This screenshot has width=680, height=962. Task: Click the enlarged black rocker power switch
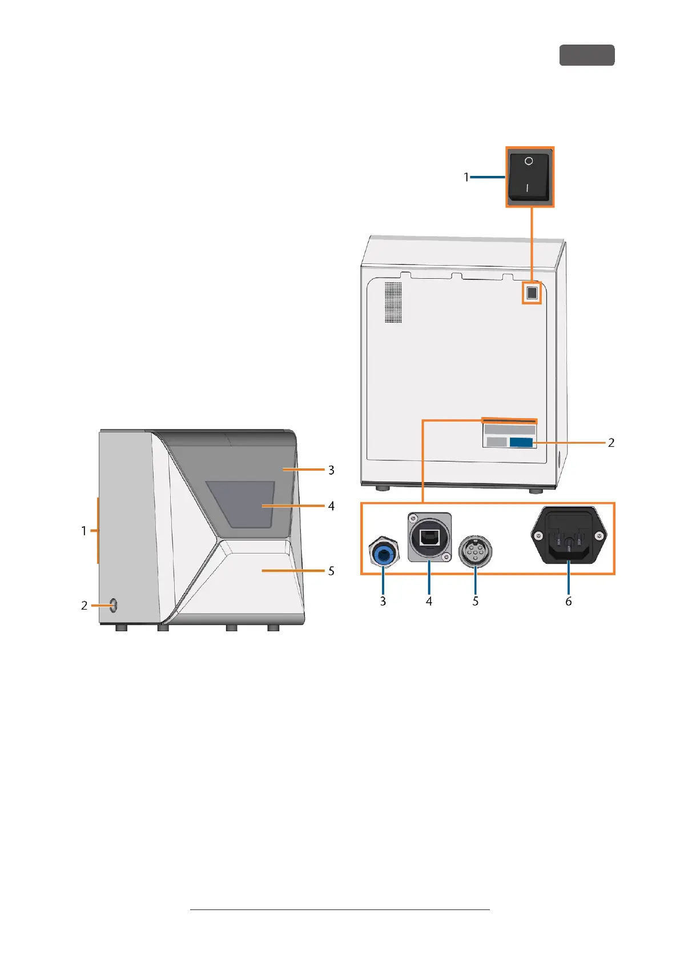530,175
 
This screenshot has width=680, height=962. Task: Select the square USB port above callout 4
429,538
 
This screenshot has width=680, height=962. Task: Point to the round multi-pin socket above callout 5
475,552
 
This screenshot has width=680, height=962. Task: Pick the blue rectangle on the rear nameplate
521,442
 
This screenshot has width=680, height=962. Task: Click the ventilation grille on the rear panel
393,302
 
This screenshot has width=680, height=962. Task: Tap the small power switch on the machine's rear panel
532,294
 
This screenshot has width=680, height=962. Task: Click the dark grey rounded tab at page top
586,55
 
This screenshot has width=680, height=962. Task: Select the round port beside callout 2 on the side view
112,606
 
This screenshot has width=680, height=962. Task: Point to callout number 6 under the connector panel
569,601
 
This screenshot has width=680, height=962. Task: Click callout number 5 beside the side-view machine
331,571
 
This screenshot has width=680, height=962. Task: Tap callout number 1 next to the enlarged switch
466,177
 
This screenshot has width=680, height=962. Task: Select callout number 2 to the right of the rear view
611,443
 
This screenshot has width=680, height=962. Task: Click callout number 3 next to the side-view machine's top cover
331,470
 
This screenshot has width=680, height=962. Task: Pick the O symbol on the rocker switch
529,161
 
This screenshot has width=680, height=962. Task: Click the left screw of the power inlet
538,536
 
